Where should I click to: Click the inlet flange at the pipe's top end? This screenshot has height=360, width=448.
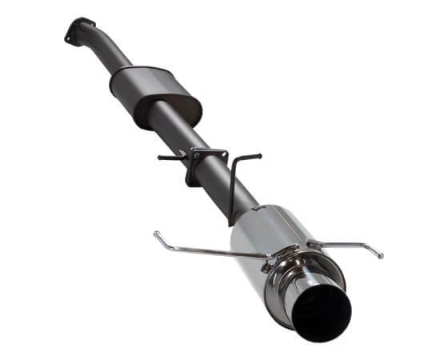[x=78, y=30]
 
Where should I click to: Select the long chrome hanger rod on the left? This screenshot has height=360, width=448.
[x=208, y=247]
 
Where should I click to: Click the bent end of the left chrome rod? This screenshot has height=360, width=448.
[x=158, y=234]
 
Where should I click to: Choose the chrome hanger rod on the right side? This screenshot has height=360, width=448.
[x=344, y=244]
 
